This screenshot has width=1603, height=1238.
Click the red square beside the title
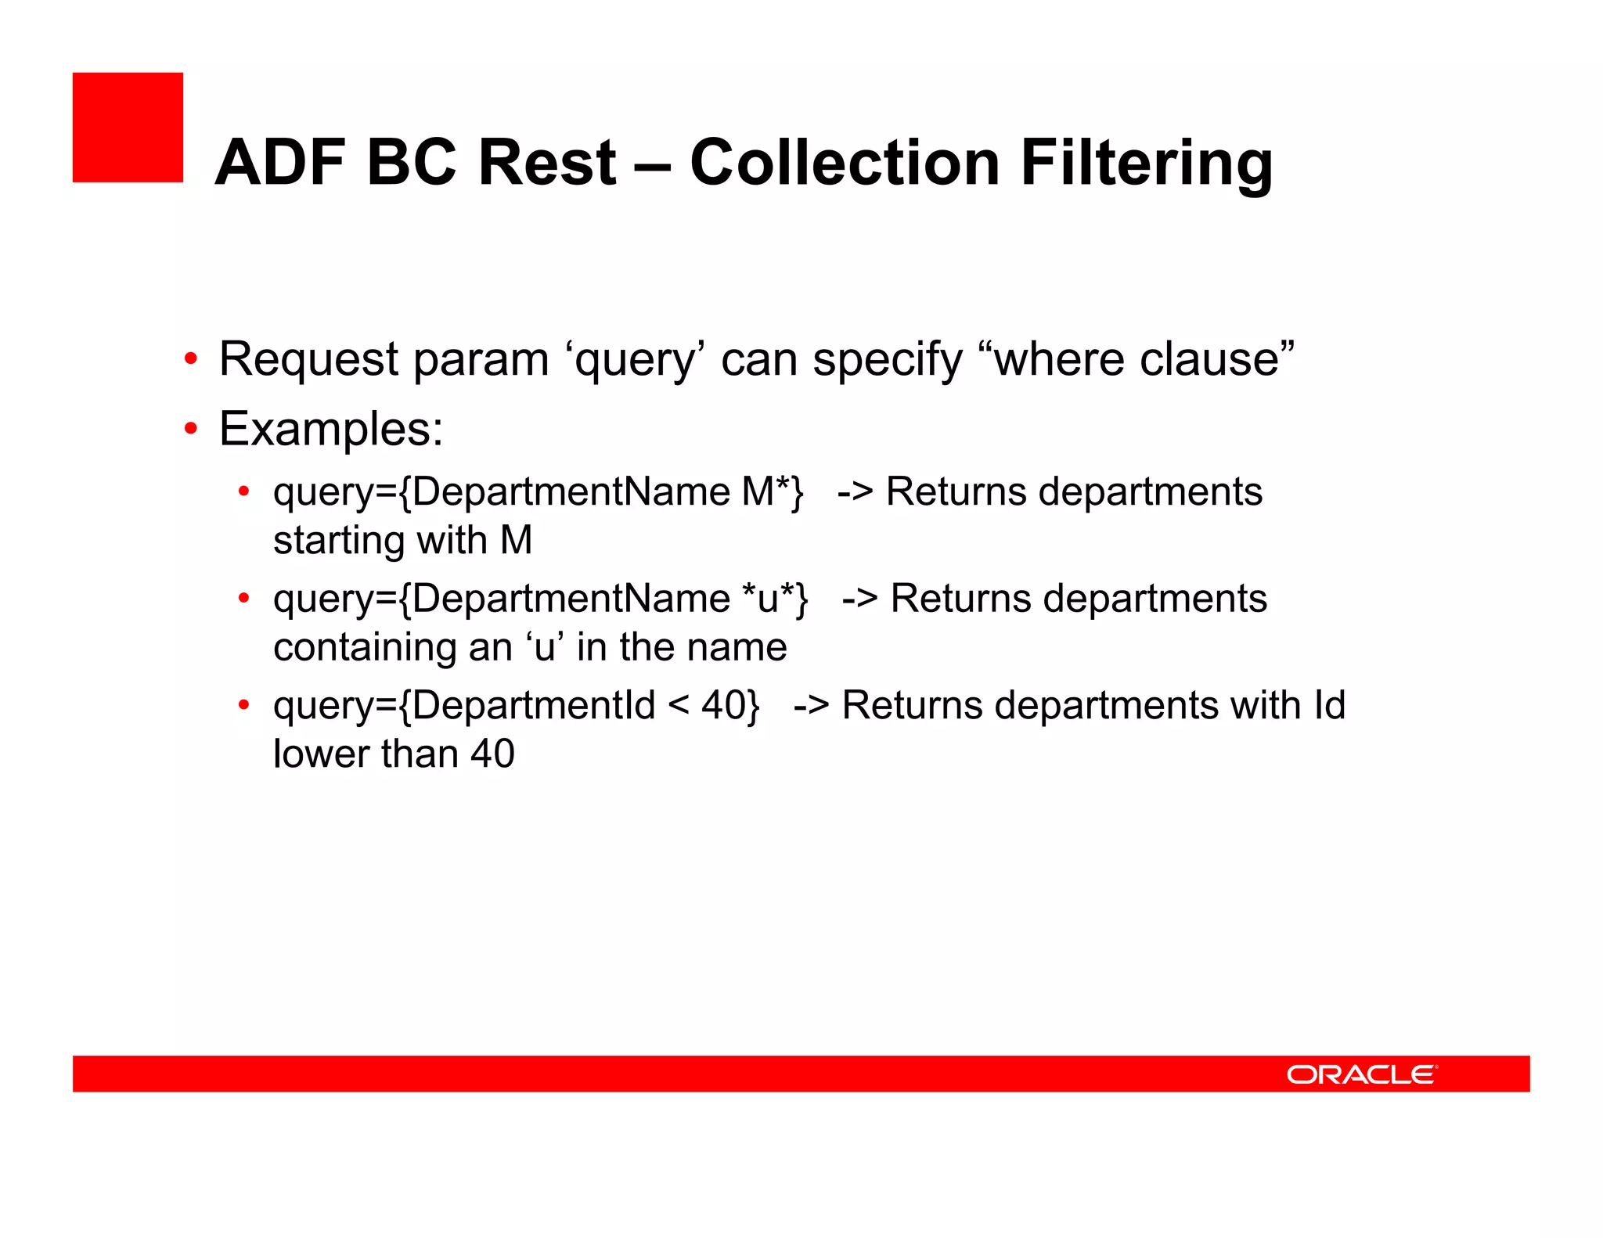click(128, 128)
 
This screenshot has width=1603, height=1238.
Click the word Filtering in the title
click(1146, 163)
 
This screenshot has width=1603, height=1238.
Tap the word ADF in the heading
click(280, 163)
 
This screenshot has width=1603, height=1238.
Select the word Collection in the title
click(845, 163)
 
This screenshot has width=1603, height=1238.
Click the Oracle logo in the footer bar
click(1361, 1074)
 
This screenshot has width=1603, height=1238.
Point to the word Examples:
click(330, 429)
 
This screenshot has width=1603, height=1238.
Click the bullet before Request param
click(190, 360)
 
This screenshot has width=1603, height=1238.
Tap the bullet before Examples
click(190, 429)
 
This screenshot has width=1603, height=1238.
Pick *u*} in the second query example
click(775, 599)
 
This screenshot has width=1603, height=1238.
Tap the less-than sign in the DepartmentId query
click(678, 705)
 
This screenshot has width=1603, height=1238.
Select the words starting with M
click(402, 541)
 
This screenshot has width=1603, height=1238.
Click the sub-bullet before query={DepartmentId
click(243, 705)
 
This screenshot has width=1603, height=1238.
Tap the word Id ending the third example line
click(1328, 705)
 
